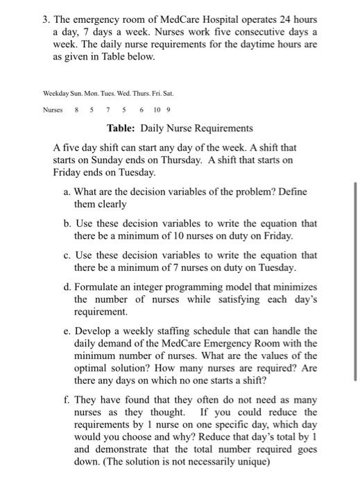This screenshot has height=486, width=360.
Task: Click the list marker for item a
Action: [66, 192]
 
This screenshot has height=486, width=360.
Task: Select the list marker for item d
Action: [66, 287]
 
